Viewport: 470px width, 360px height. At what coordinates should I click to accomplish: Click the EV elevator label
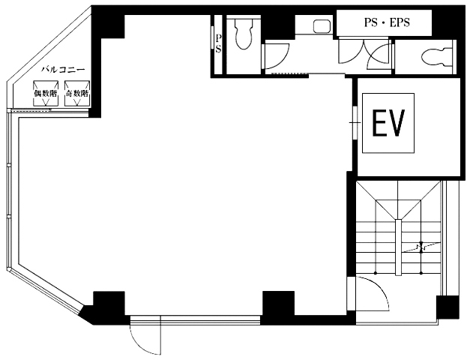388,123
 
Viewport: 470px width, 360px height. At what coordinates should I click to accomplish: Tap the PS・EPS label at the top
387,22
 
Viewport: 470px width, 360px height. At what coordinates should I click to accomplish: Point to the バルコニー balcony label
63,70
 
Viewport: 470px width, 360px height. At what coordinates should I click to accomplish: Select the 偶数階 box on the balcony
46,93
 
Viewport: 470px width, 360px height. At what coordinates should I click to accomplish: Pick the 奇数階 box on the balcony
77,93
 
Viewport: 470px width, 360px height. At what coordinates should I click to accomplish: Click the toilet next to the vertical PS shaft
243,34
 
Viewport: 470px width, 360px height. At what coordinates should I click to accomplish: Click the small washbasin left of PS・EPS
322,25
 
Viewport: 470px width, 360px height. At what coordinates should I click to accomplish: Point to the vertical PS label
218,43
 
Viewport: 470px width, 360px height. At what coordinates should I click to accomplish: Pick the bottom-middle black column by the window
278,304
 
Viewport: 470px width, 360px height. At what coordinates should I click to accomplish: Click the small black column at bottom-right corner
448,307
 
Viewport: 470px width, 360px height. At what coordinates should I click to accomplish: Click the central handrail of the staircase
398,247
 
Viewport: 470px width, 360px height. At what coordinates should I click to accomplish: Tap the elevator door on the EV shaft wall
355,123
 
